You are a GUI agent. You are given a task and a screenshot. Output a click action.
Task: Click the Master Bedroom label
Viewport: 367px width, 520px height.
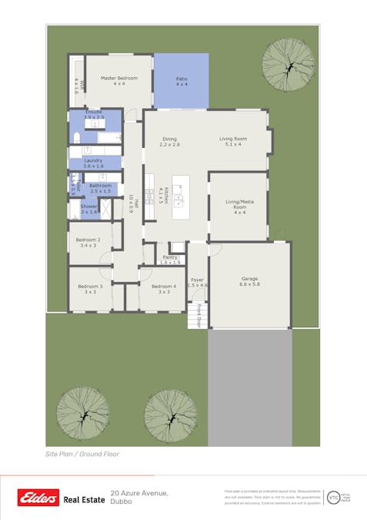[x=118, y=79]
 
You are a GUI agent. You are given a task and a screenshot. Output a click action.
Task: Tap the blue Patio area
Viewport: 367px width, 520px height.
[x=182, y=80]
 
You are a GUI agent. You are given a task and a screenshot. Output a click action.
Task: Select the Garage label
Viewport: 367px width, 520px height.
[x=249, y=278]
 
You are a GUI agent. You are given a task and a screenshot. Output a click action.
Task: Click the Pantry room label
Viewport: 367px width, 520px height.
[x=170, y=257]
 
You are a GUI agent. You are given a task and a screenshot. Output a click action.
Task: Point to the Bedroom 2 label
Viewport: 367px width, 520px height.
[x=88, y=240]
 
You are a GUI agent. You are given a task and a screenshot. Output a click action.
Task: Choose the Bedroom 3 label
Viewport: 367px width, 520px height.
[x=90, y=287]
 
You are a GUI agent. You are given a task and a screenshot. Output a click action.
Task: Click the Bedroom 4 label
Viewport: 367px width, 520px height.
[x=164, y=287]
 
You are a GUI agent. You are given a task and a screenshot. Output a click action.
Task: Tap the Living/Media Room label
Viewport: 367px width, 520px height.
[x=239, y=204]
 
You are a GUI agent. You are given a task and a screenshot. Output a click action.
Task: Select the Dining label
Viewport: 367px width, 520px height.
[x=169, y=139]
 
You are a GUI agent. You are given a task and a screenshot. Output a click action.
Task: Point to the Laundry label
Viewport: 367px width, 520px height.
[x=93, y=160]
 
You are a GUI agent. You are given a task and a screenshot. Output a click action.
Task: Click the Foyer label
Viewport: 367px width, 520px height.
[x=198, y=280]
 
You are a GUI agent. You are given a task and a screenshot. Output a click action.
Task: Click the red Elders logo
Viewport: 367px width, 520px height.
[x=38, y=498]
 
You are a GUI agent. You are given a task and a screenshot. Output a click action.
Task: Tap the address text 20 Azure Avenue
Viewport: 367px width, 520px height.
[x=139, y=492]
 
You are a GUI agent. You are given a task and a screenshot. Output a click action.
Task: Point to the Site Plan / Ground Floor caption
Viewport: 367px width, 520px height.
[x=82, y=455]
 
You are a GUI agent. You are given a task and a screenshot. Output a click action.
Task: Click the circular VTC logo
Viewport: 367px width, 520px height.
[x=334, y=498]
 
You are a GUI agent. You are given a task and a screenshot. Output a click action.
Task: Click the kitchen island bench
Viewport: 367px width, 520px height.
[x=181, y=196]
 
